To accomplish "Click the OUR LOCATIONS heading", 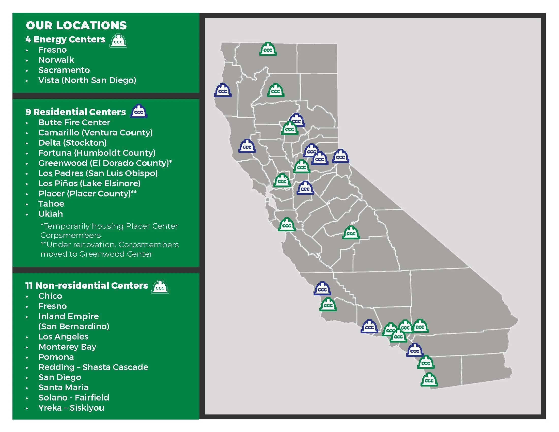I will [x=76, y=25].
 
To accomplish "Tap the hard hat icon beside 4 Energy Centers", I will [x=118, y=41].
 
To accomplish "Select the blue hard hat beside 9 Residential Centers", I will [x=139, y=111].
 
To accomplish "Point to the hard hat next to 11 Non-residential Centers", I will [x=160, y=287].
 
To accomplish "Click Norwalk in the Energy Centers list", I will [x=56, y=60].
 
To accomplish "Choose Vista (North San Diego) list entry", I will [x=87, y=80].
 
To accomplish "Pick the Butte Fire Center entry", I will [x=74, y=122].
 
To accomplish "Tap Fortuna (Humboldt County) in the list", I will [x=97, y=153].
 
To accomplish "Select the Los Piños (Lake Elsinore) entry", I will [x=89, y=183].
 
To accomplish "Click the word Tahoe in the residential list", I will [x=51, y=204].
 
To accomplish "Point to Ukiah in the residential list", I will [x=50, y=214].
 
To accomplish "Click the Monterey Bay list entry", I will [x=67, y=347].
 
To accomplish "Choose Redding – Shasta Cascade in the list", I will [x=93, y=367].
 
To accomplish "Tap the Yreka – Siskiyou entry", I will [x=71, y=408].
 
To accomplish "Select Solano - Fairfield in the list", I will [x=74, y=397].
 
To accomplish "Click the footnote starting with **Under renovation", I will [x=110, y=249].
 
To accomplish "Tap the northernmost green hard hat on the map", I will [x=268, y=49].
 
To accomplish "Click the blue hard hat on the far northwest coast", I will [x=223, y=90].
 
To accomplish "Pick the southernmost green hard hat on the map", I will [x=429, y=380].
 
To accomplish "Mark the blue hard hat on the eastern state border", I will [x=340, y=156].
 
